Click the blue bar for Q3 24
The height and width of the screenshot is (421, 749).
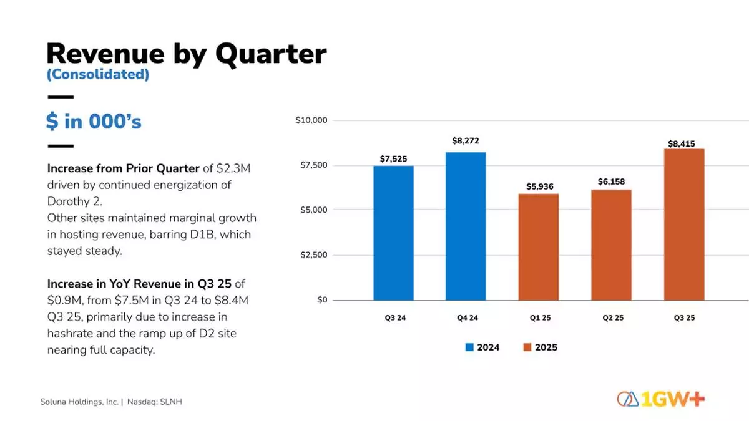coord(393,233)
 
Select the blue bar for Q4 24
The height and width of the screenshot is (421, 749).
coord(466,226)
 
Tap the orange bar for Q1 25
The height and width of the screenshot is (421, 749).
coord(539,247)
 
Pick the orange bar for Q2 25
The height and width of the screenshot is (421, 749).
coord(611,245)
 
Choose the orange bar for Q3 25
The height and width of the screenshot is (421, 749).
coord(684,225)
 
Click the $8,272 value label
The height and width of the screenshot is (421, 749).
coord(466,142)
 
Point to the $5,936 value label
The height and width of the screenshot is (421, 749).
coord(539,186)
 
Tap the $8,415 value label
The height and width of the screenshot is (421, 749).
coord(682,143)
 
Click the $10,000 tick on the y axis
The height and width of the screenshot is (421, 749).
coord(312,120)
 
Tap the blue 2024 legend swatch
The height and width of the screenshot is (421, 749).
coord(469,347)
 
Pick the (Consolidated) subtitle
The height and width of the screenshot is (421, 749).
coord(98,74)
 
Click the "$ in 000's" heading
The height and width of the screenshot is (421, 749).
coord(94,121)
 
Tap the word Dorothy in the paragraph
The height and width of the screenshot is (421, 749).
coord(69,202)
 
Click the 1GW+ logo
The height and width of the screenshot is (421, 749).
coord(660,399)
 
